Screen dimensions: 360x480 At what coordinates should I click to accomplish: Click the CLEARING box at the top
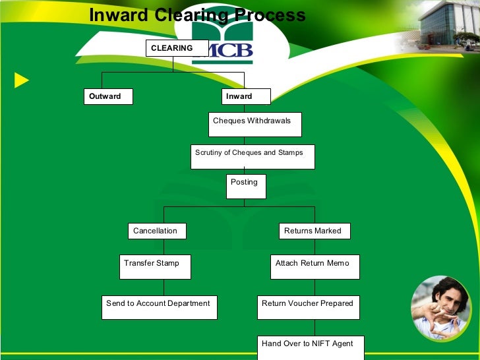coord(173,48)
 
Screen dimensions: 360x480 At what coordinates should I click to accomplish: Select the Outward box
coord(108,96)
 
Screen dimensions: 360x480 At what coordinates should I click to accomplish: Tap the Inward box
coord(246,96)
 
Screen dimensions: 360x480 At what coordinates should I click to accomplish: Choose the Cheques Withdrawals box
coord(255,124)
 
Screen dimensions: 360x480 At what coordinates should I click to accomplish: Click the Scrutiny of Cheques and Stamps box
coord(253,156)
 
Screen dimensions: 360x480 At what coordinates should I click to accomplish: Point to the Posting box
coord(247,186)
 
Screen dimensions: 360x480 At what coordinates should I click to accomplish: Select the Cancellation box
coord(157,231)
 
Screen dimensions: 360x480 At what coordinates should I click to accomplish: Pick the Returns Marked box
coord(314,231)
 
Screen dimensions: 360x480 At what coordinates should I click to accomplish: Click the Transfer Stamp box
coord(155,266)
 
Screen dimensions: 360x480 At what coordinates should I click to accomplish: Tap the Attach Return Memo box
coord(315,266)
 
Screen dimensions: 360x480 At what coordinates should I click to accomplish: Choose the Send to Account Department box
coord(159,307)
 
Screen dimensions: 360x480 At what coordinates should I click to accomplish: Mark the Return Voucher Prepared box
coord(309,307)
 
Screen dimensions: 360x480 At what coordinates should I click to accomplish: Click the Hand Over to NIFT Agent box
coord(310,347)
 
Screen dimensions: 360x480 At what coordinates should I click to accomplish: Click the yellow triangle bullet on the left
coord(22,81)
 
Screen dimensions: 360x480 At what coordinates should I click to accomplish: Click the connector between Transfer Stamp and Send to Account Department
coord(164,287)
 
